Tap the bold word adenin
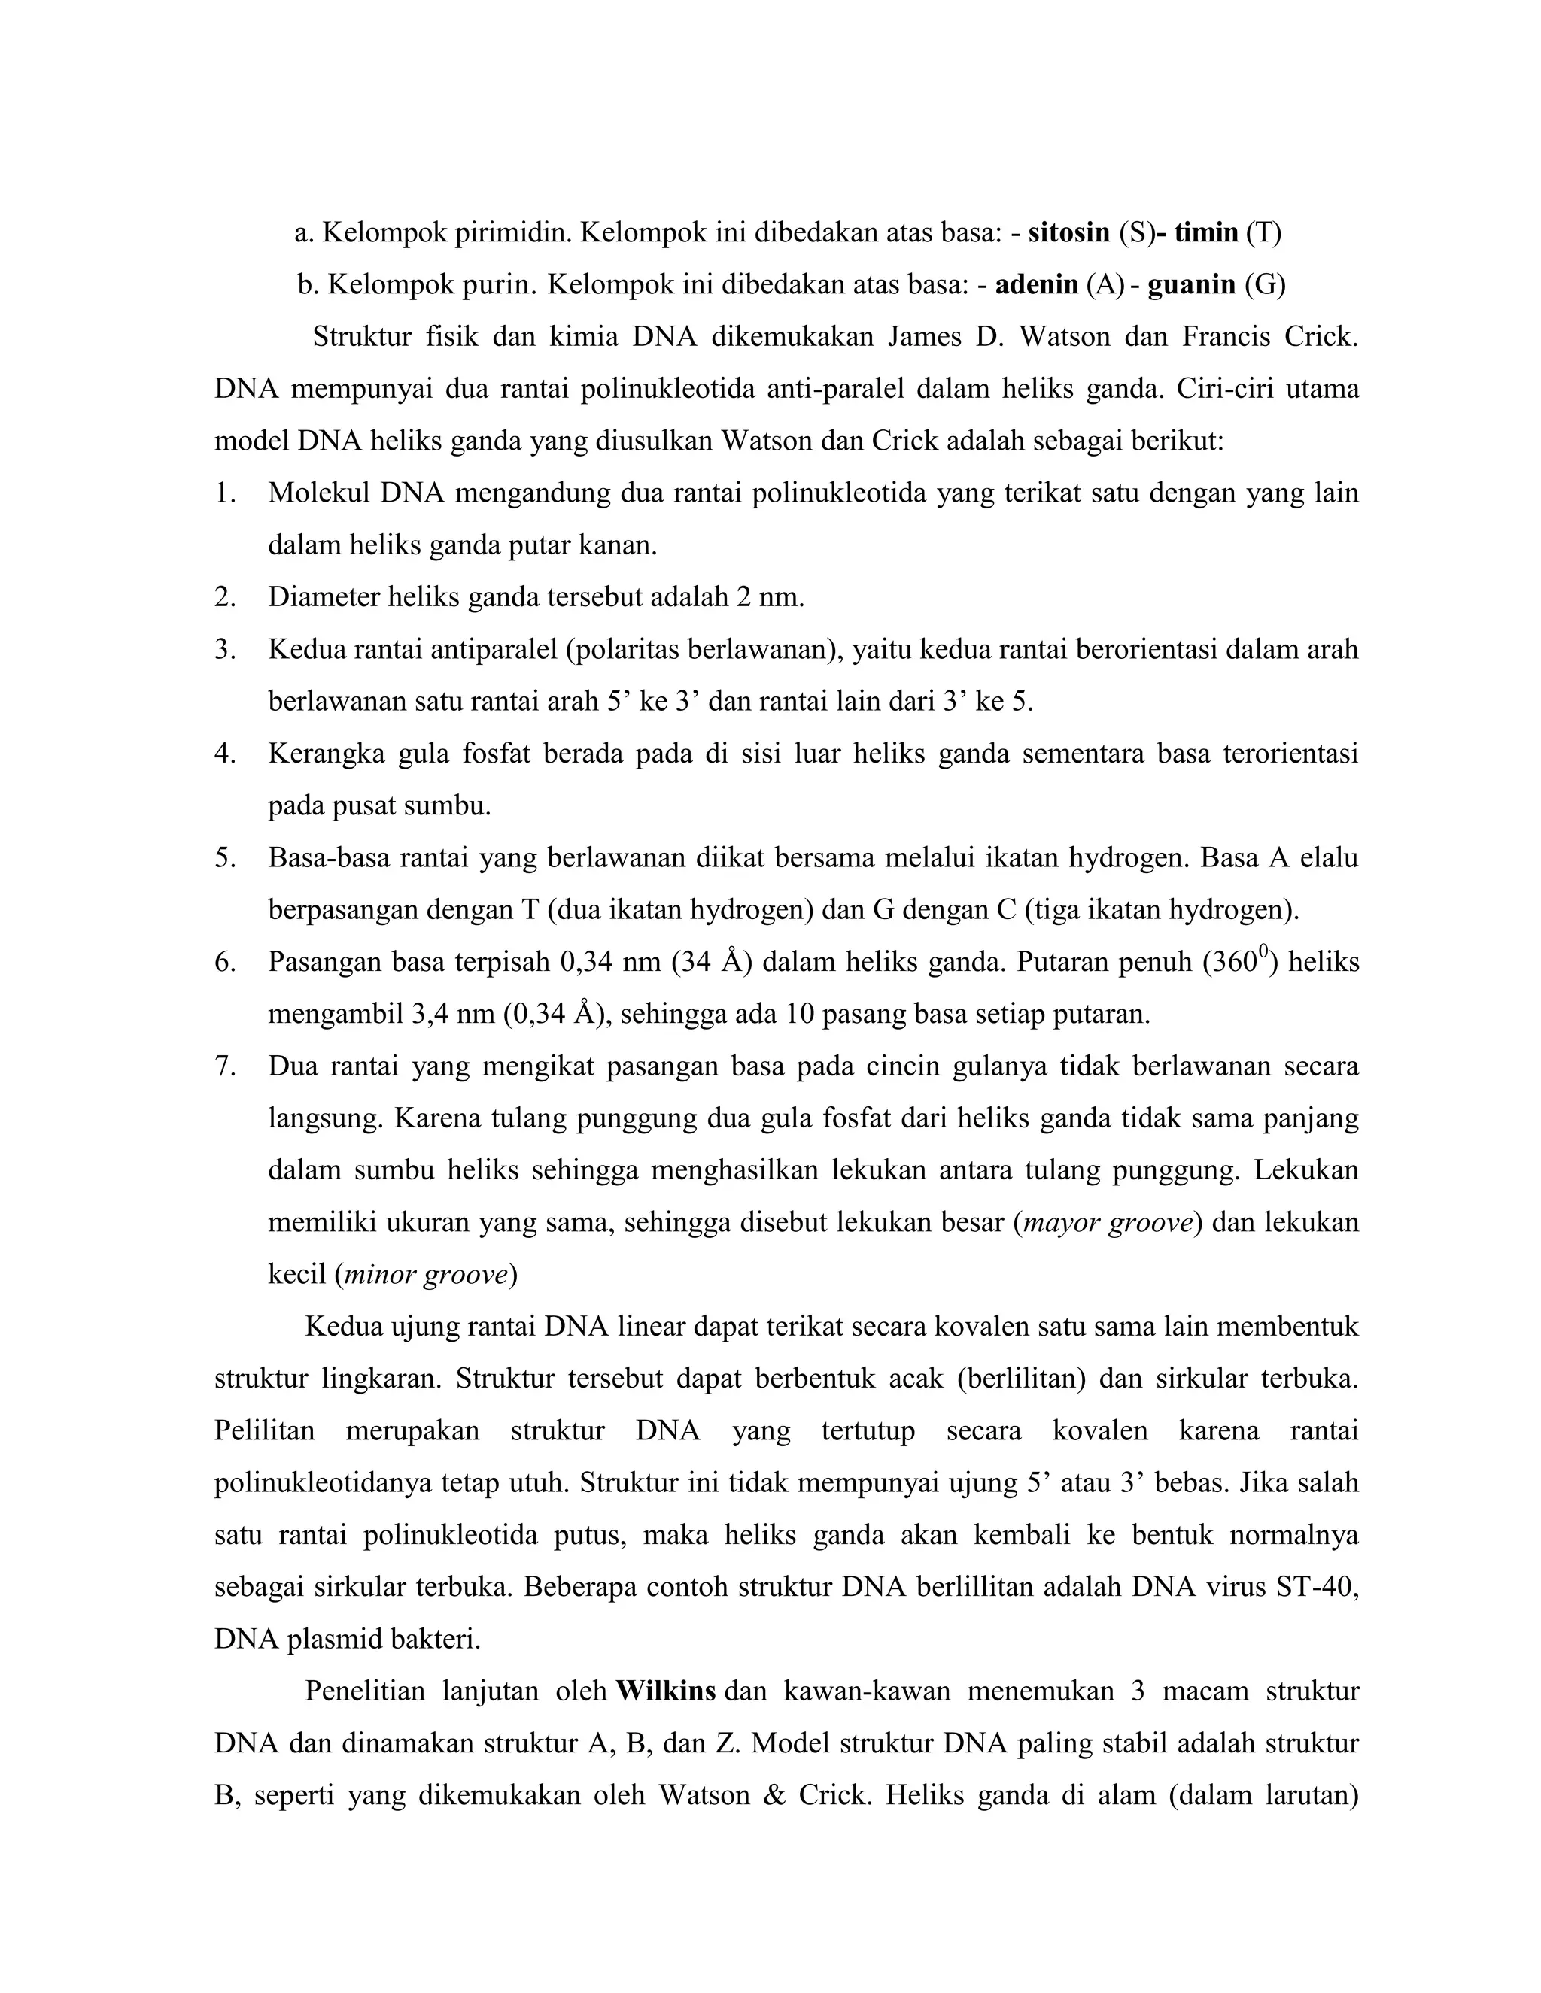pos(1036,285)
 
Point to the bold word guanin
pos(1191,285)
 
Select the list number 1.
pos(224,493)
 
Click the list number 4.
pos(224,754)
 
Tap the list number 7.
pos(224,1066)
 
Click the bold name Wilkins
pos(665,1691)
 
